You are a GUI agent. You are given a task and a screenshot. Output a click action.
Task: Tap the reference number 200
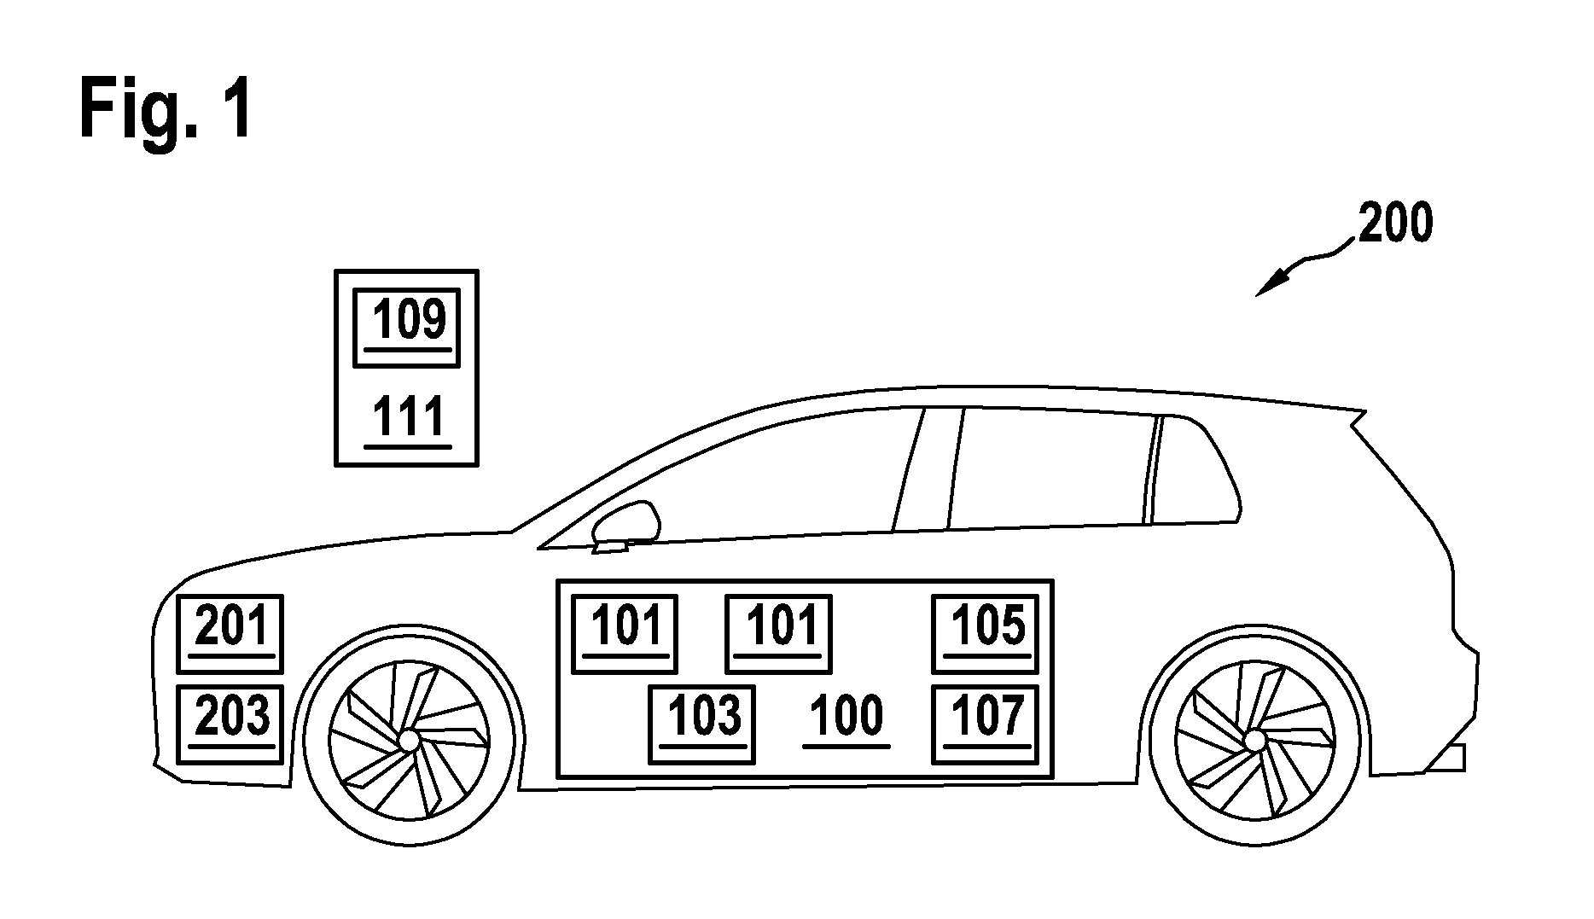tap(1395, 224)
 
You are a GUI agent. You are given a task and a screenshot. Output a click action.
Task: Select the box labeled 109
tap(407, 328)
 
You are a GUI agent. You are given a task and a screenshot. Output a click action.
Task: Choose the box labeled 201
tap(230, 634)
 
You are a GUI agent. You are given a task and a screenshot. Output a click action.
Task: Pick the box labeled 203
tap(230, 724)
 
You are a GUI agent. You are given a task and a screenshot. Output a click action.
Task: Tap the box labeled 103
tap(701, 724)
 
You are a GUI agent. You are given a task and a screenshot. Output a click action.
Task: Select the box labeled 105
tap(986, 634)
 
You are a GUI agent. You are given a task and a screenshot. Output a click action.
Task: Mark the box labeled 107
tap(986, 724)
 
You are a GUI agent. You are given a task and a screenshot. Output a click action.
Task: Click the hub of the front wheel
tap(409, 738)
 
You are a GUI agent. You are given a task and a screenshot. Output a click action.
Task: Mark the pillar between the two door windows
tap(928, 469)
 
